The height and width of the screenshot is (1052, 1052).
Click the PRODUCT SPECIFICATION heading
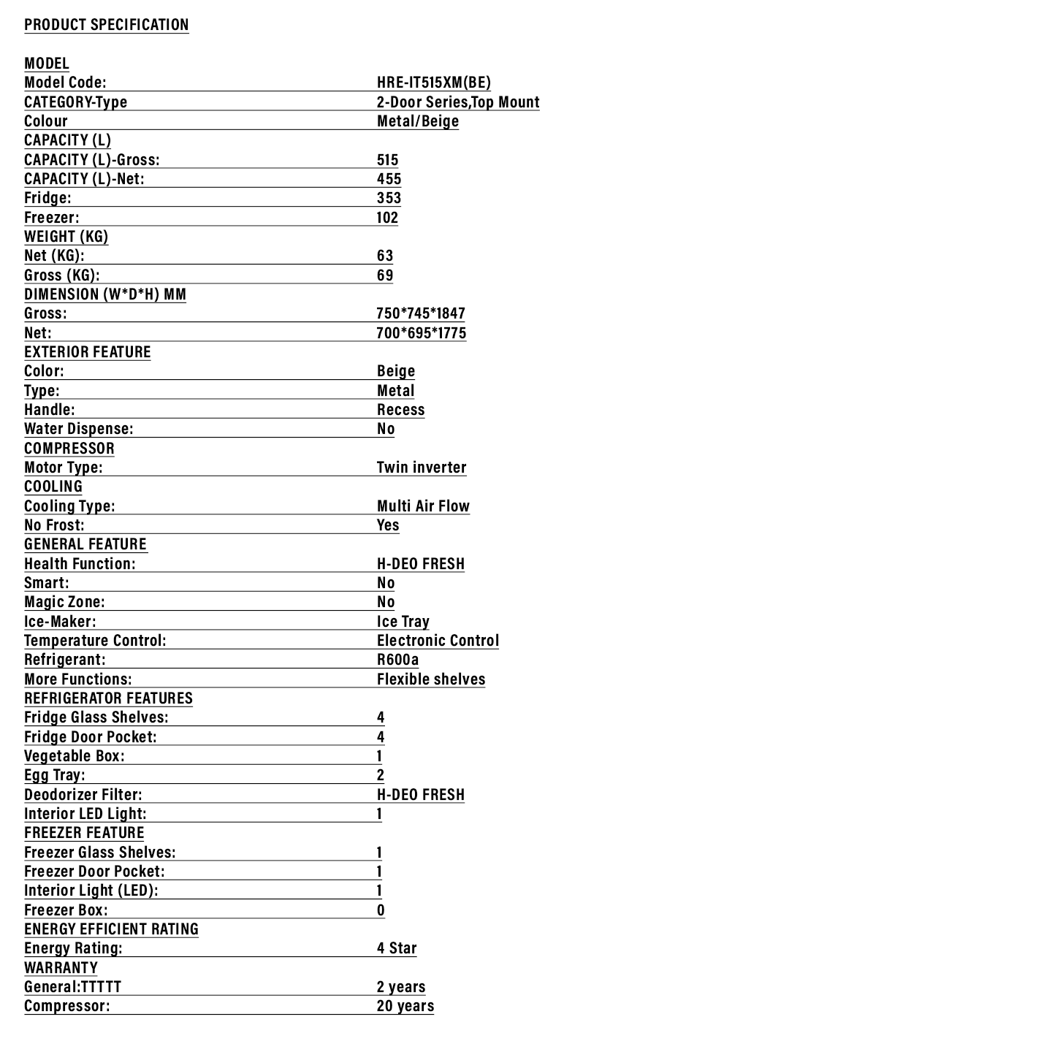[x=107, y=25]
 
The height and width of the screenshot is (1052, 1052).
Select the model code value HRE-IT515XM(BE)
[x=434, y=83]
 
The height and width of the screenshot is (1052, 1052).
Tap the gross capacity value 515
[x=388, y=160]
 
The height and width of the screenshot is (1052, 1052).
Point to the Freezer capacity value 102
[x=387, y=218]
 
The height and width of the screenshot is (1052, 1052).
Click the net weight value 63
[x=385, y=256]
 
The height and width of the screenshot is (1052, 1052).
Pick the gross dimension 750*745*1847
[x=421, y=313]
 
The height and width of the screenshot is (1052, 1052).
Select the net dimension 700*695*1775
[x=422, y=333]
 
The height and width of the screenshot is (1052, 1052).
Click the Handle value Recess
[x=400, y=410]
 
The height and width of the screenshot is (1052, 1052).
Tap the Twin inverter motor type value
[x=422, y=468]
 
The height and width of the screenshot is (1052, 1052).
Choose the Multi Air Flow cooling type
[x=423, y=506]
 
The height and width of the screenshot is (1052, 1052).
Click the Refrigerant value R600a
[x=398, y=660]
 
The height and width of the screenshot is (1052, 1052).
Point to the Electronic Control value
[x=438, y=641]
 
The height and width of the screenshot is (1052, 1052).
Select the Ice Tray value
[x=403, y=622]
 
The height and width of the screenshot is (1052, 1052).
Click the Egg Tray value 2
[x=381, y=775]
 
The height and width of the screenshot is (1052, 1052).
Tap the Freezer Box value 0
[x=381, y=910]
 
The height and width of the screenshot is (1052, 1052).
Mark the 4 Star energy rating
[x=397, y=948]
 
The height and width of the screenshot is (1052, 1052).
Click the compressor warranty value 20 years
[x=405, y=1006]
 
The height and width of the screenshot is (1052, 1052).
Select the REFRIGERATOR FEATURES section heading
[x=108, y=698]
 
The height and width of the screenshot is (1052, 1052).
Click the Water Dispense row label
[x=79, y=429]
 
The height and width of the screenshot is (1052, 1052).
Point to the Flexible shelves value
[x=431, y=679]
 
